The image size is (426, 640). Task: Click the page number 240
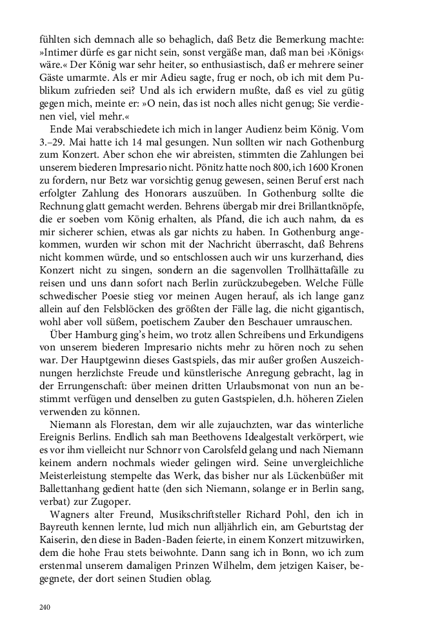pyautogui.click(x=45, y=608)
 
